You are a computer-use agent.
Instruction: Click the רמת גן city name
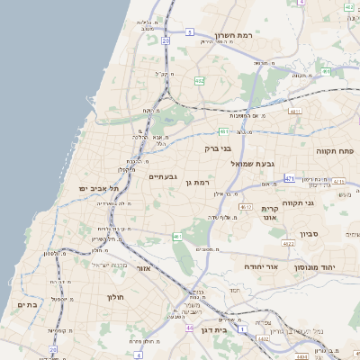tap(196, 183)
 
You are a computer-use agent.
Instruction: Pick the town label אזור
tap(144, 267)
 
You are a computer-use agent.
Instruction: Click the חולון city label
tap(114, 296)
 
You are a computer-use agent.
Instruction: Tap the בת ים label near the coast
tap(25, 305)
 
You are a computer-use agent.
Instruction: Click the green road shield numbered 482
tap(199, 81)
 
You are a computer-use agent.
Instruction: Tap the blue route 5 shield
tap(190, 31)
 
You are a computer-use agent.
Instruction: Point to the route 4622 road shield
tap(289, 244)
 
